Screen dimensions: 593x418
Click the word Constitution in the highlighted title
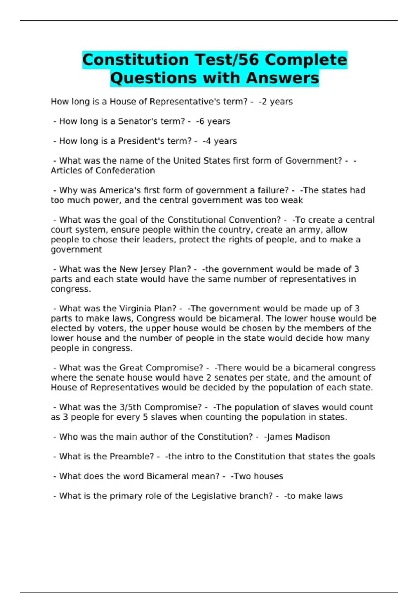(x=136, y=60)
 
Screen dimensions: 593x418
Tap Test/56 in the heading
(x=227, y=60)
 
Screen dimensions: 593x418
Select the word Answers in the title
(x=282, y=78)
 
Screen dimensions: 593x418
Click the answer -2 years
(x=276, y=102)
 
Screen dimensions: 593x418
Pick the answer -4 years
(x=219, y=141)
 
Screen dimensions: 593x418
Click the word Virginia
(x=134, y=309)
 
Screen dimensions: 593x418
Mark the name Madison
(x=312, y=437)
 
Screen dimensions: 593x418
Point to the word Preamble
(x=133, y=457)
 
